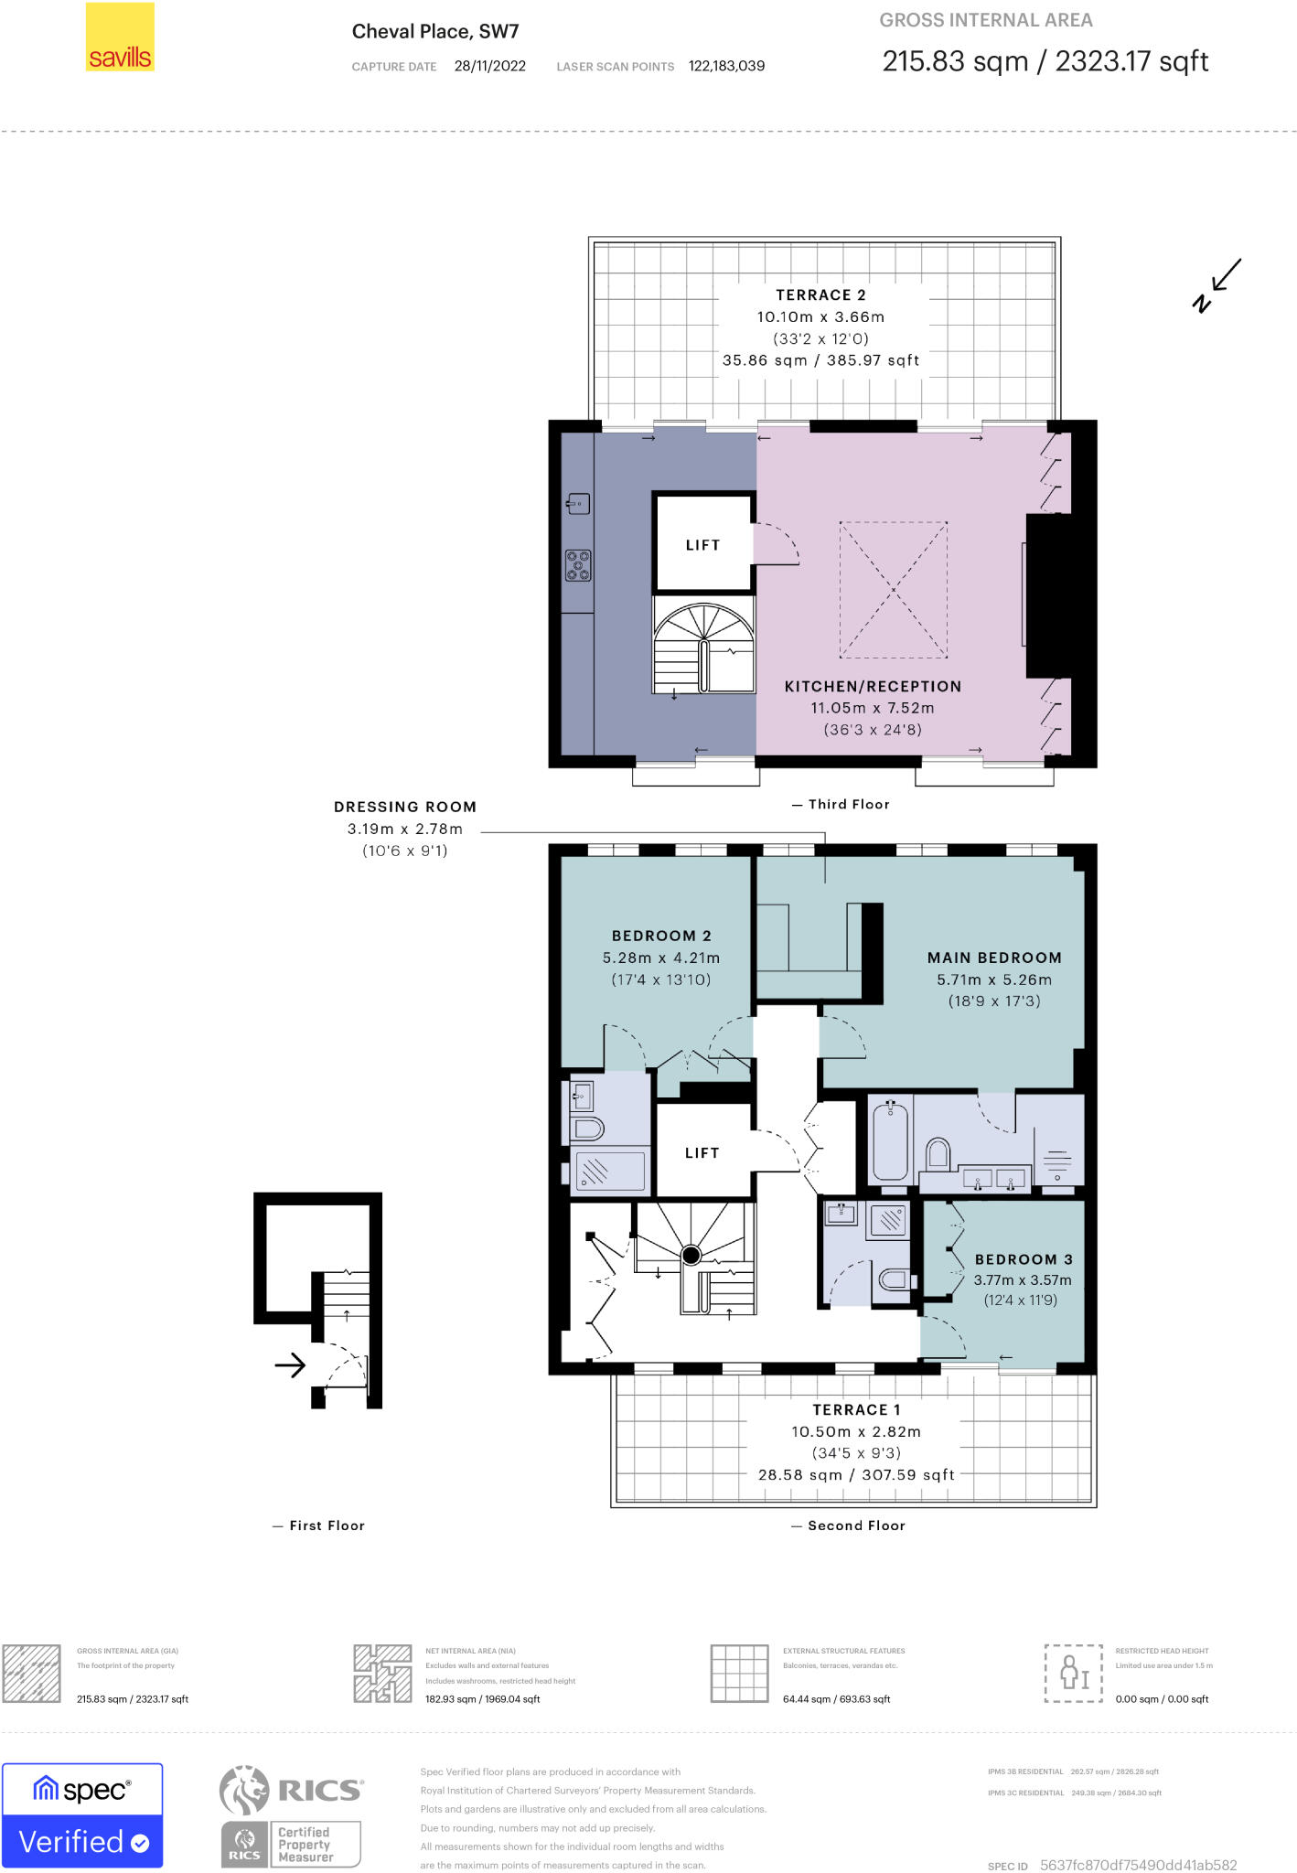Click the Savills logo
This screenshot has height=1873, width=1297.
coord(119,37)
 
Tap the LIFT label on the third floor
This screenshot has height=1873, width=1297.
coord(702,545)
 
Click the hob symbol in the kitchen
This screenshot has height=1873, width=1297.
coord(578,565)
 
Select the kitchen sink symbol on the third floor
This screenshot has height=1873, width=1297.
coord(578,503)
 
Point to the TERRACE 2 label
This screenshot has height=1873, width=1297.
coord(820,294)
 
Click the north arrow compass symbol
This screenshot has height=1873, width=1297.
coord(1217,285)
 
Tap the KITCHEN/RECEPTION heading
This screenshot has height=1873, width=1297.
coord(873,686)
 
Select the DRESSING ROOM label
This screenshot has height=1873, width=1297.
coord(405,807)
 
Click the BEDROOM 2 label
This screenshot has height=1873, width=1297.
coord(661,936)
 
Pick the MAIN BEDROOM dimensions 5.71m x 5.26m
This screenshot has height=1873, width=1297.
coord(994,979)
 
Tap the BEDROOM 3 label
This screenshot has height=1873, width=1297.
coord(1024,1259)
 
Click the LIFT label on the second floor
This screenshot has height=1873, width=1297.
coord(702,1153)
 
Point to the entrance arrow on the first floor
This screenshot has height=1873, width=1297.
coord(290,1365)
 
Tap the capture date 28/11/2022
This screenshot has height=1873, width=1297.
coord(489,66)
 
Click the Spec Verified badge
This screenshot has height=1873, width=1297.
coord(82,1815)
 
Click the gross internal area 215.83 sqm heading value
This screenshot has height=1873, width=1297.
coord(955,61)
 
